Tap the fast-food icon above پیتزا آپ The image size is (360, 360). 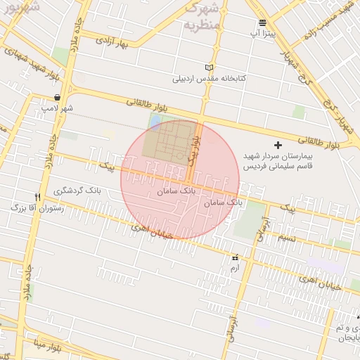(262, 22)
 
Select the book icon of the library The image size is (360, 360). (207, 67)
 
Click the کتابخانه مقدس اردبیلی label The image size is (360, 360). (212, 78)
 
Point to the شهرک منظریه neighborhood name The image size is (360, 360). (202, 17)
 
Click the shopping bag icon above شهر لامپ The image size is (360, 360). (57, 97)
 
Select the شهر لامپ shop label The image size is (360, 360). (57, 108)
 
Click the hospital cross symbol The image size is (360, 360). (278, 144)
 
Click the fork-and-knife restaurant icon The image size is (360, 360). (38, 197)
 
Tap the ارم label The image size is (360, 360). (235, 268)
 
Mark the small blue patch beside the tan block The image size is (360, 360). (154, 122)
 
